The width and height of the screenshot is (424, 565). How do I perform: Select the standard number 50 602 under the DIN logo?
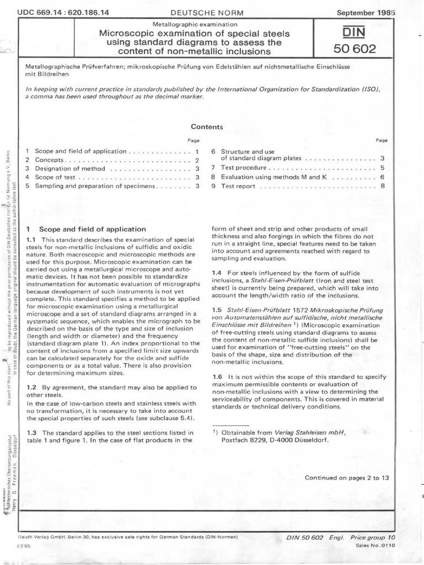(x=354, y=49)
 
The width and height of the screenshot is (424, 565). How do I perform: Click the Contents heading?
(x=206, y=126)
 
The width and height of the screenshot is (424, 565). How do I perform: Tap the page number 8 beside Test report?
(x=382, y=186)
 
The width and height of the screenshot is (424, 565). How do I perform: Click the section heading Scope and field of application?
(x=90, y=229)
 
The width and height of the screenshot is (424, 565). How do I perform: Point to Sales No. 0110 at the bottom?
(x=373, y=545)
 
